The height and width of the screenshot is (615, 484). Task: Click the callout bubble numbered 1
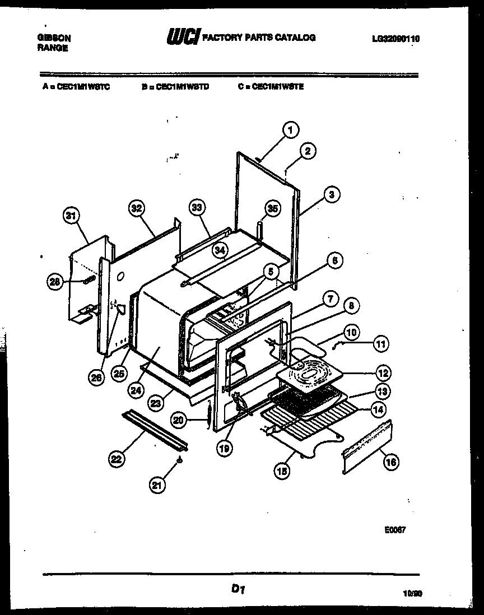click(x=289, y=131)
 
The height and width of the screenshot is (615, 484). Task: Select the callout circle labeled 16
click(x=390, y=462)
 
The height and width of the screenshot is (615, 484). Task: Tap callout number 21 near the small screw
click(x=157, y=486)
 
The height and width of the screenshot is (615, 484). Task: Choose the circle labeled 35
click(x=272, y=209)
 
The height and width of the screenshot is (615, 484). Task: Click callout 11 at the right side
click(x=380, y=344)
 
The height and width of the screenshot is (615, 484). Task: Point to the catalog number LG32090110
click(x=395, y=39)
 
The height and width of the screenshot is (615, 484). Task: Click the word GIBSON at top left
click(x=54, y=38)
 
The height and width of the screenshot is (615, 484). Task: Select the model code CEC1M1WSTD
click(x=179, y=87)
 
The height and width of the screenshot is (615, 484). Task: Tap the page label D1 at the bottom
click(x=238, y=589)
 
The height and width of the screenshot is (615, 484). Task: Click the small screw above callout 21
click(x=179, y=460)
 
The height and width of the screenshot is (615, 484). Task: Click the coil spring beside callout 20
click(x=208, y=417)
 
